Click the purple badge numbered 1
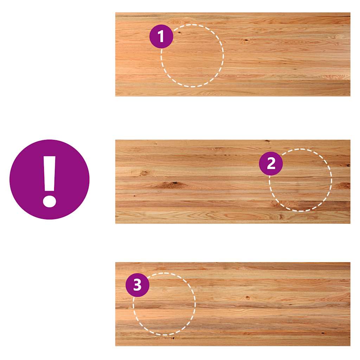coord(161,36)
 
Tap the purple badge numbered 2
coord(271,163)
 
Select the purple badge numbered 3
coord(137,285)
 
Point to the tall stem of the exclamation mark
coord(50,174)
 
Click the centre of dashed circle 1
coord(192,56)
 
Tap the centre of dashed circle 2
coord(300,180)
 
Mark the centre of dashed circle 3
coord(165,304)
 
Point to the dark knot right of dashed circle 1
coord(246,41)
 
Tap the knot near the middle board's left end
coord(144,173)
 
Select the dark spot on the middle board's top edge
coord(267,141)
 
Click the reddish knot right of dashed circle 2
coord(343,185)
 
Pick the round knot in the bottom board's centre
coord(247,297)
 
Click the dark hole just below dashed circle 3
coord(173,337)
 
